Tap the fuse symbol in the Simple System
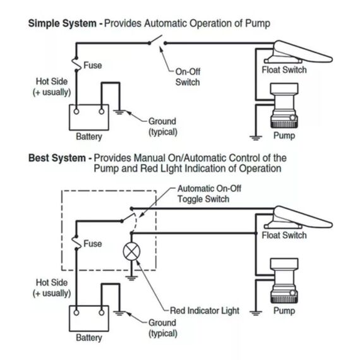76,64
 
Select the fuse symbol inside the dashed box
76,243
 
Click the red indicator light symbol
131,251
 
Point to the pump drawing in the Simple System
284,105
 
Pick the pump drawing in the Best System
284,280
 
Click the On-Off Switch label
188,77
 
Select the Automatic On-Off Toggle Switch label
209,194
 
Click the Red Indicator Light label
205,311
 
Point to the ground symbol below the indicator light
131,278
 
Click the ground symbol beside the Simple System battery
119,112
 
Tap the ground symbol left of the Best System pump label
256,313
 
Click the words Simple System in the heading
63,23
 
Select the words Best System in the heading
57,158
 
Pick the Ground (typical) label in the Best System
163,328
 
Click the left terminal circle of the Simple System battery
76,112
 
